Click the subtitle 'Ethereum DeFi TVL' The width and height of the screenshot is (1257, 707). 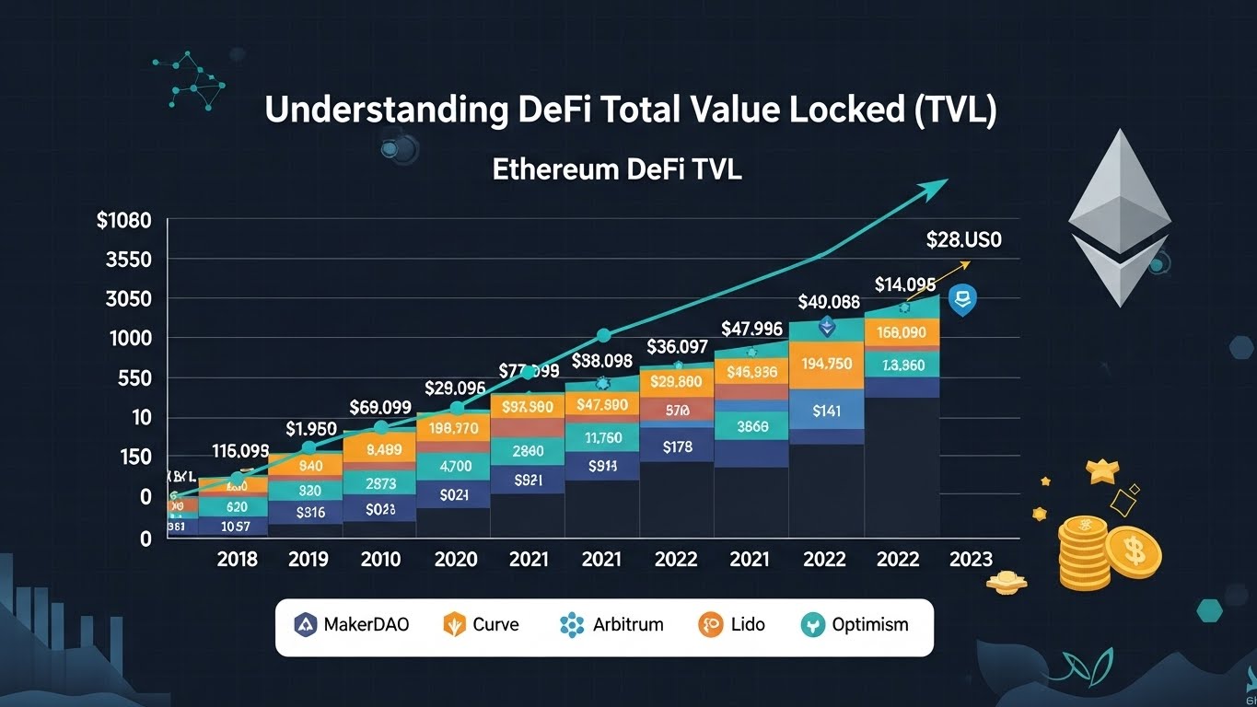pos(616,170)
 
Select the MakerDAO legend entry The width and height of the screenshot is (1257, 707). pos(352,625)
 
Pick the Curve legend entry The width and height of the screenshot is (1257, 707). pos(482,625)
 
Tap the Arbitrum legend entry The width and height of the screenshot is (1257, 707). pos(611,625)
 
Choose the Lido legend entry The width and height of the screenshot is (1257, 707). pos(731,625)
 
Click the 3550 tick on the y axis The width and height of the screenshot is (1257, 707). pos(128,261)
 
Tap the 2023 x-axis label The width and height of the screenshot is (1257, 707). pos(970,560)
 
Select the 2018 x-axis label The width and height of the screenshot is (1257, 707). pos(237,560)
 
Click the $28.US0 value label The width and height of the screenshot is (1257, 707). pos(963,241)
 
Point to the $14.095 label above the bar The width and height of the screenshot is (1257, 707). pos(904,284)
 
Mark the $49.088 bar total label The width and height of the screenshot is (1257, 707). pos(828,302)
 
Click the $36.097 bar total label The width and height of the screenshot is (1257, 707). pos(677,347)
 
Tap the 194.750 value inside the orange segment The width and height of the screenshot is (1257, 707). pos(827,364)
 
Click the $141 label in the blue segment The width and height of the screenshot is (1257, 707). pos(827,411)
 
